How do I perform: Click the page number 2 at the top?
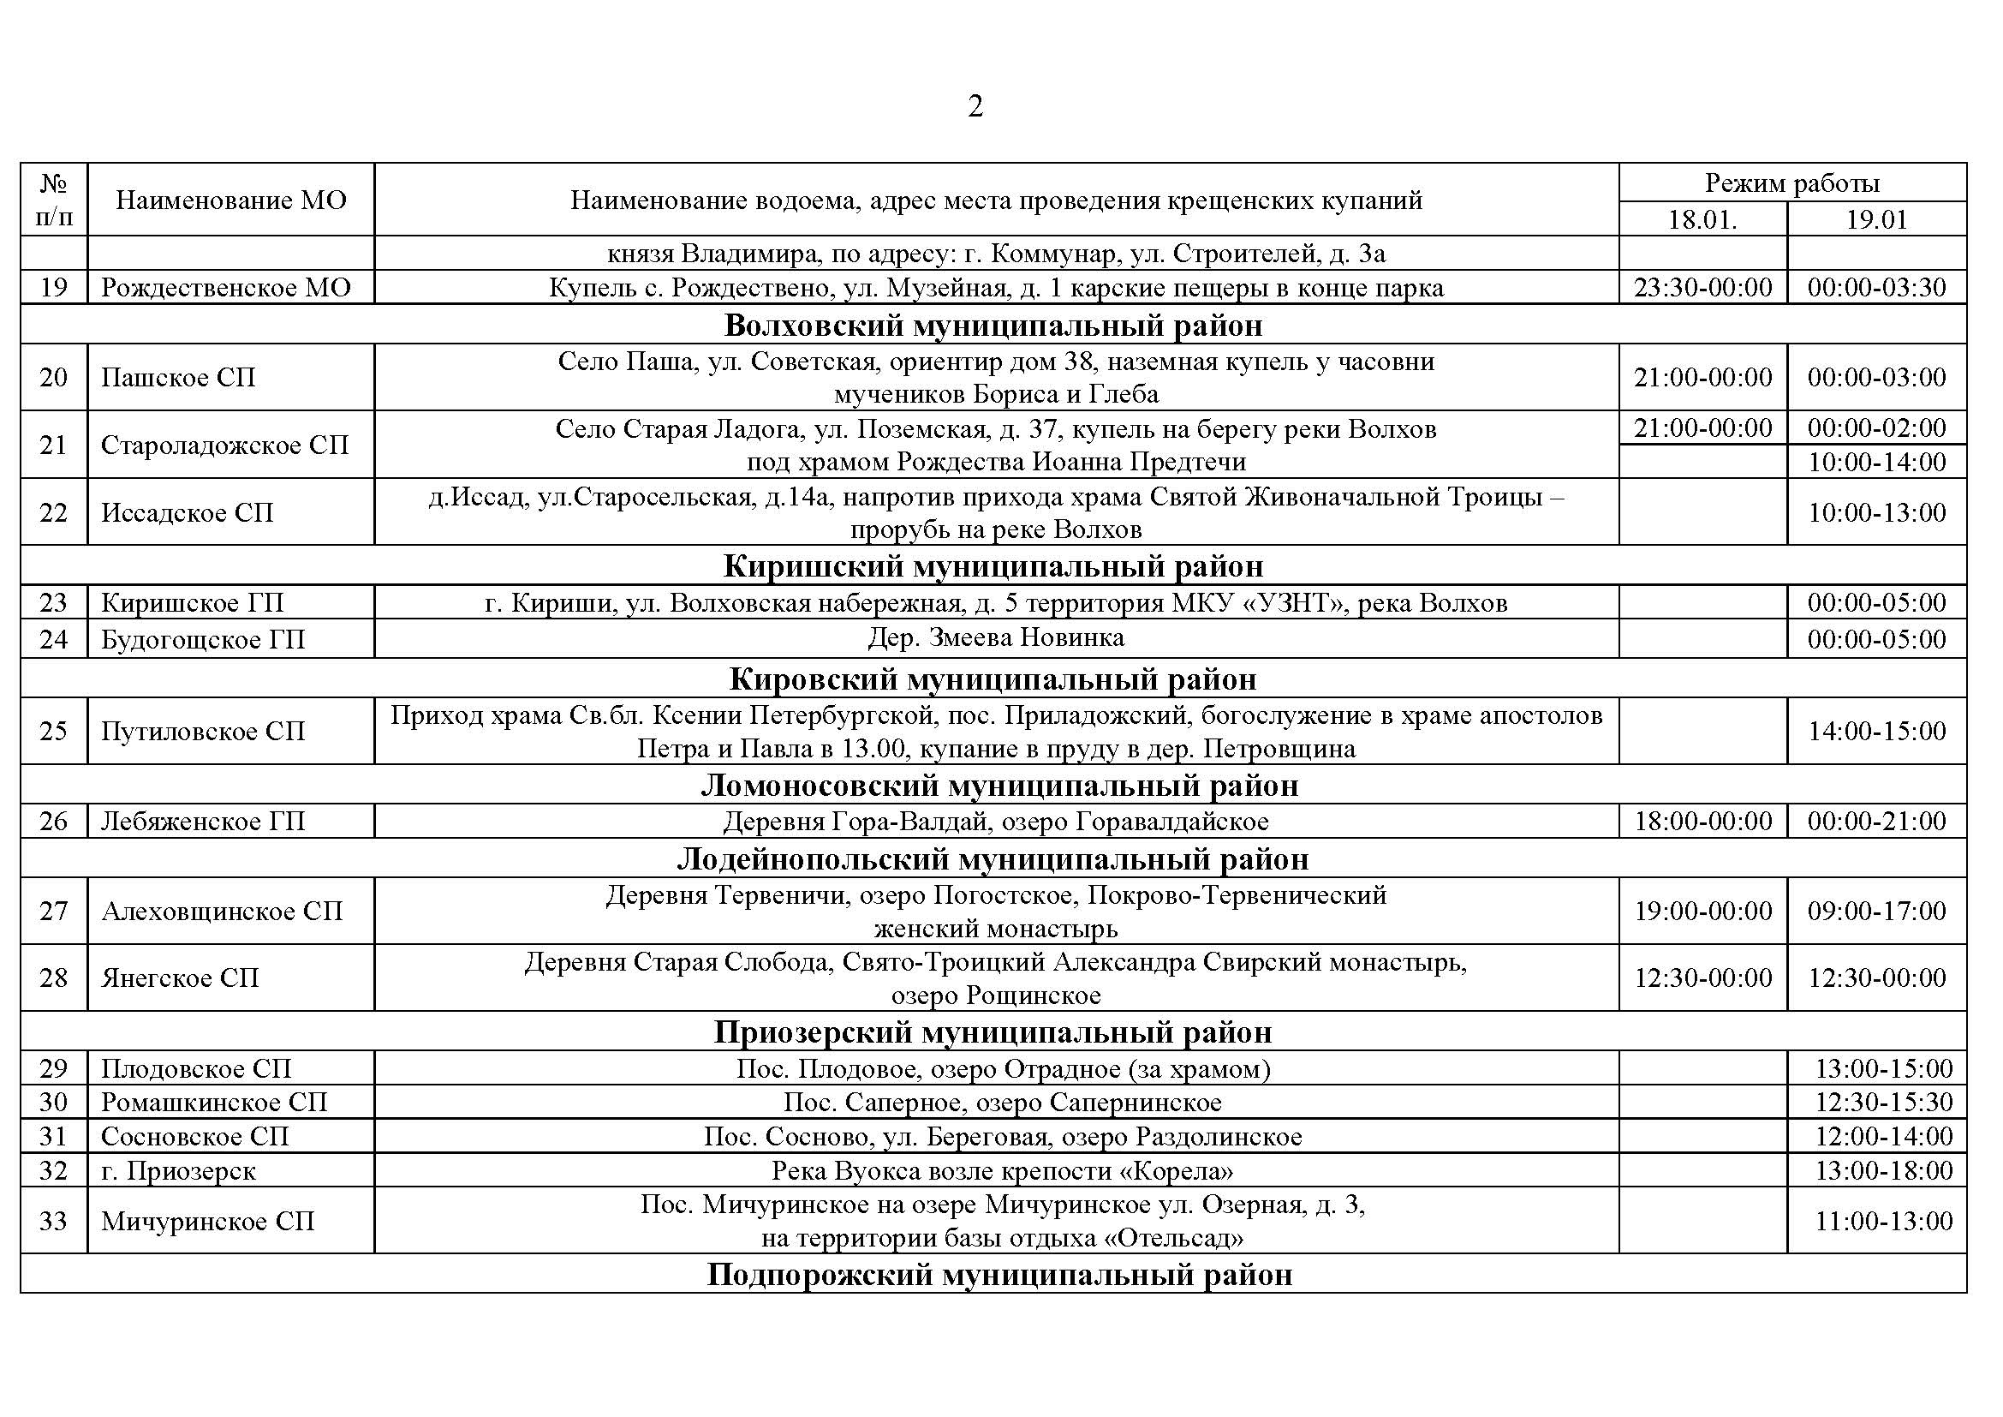975,106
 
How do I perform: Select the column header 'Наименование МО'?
230,200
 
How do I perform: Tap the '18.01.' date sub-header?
1702,219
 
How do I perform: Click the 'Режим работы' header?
1791,183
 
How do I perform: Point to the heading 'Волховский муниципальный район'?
993,326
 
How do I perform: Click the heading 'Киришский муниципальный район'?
993,566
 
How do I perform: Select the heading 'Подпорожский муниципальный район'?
999,1275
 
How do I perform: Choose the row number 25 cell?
53,731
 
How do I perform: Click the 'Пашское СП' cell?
178,378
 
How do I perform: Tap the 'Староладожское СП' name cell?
224,445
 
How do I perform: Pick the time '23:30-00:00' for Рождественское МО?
1702,288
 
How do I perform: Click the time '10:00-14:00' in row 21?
1876,462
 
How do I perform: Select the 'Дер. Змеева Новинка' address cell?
995,638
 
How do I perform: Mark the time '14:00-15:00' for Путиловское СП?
1876,731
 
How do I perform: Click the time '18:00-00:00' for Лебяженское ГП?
1702,821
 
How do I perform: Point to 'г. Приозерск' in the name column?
178,1170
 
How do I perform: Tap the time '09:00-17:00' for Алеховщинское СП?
1876,911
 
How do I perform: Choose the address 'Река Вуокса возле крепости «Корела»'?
1002,1170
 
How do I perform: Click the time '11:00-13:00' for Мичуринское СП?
1883,1221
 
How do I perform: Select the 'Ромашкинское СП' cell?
214,1102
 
